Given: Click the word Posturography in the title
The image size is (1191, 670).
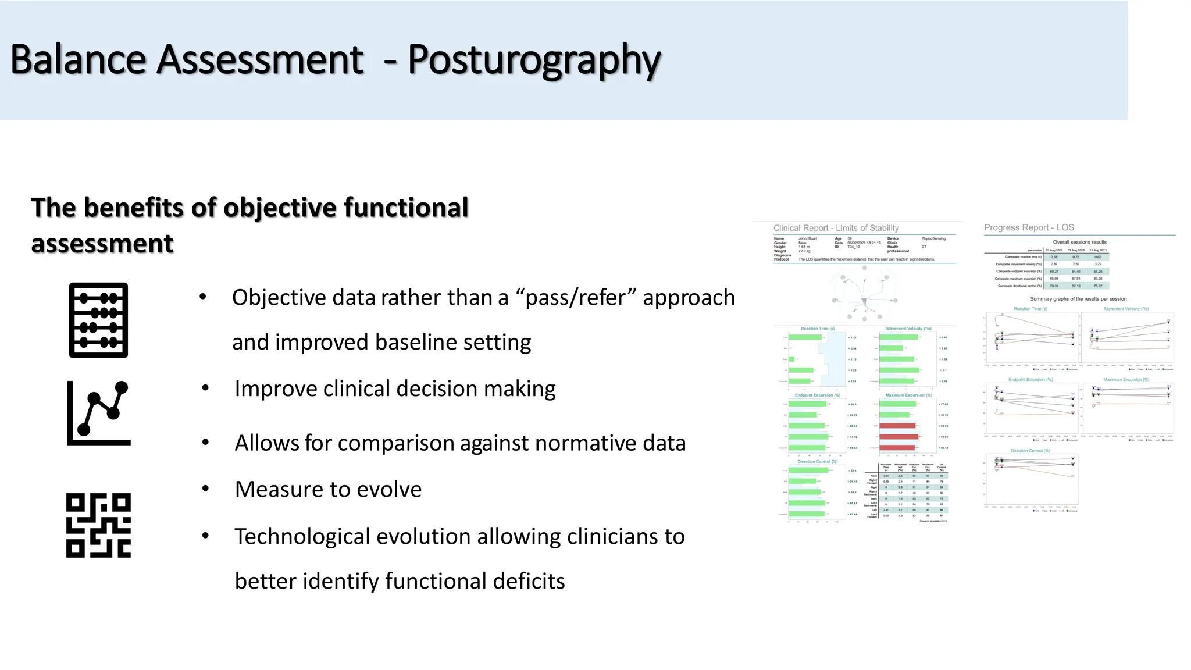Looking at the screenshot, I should click(534, 60).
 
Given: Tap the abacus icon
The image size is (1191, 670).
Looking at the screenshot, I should click(98, 320).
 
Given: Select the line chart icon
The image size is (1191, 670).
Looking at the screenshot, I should click(99, 414).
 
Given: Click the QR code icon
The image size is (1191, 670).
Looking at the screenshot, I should click(98, 525).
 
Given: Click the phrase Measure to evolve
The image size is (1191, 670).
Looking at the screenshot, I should click(328, 490).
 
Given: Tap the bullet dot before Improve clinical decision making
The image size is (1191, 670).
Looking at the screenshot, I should click(205, 388).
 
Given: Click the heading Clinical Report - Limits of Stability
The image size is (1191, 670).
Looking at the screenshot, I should click(836, 228).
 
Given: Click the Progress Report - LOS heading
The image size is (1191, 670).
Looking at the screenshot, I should click(1028, 227).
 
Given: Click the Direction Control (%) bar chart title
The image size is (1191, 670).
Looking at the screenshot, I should click(817, 461).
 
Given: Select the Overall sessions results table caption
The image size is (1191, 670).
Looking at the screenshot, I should click(1079, 242).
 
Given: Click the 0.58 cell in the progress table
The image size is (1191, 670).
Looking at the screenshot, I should click(1054, 256).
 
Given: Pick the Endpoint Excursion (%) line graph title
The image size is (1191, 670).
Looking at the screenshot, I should click(1030, 379).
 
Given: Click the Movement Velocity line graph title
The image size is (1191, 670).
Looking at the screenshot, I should click(1126, 309).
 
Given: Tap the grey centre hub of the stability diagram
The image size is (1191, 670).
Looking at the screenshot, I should click(865, 301).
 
